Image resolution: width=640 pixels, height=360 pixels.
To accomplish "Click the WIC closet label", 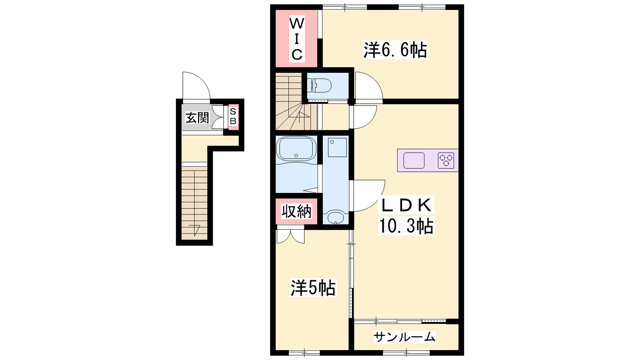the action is point(297,39).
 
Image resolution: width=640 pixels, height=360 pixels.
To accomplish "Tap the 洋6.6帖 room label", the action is point(396,50).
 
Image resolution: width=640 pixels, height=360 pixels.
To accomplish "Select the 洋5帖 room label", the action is point(313,288).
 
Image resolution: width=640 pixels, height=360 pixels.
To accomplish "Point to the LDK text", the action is point(406,205).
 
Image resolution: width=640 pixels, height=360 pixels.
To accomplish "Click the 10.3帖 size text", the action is point(406,226).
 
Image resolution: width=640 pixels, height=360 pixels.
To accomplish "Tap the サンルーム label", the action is point(404,337).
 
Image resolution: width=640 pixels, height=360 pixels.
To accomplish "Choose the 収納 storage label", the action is point(296,212).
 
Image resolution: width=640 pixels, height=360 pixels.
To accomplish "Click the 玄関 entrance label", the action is point(198,118).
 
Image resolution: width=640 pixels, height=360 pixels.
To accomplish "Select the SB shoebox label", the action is point(233,116).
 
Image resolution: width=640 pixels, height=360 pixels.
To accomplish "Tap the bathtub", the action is point(296,148).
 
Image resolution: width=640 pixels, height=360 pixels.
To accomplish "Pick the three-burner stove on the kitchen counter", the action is point(446,160).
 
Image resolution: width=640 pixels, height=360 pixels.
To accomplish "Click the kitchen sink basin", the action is point(414,160).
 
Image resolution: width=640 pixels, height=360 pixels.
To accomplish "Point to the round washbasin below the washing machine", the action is point(336,218).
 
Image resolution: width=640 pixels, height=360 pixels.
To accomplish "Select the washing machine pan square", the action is point(337,148).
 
